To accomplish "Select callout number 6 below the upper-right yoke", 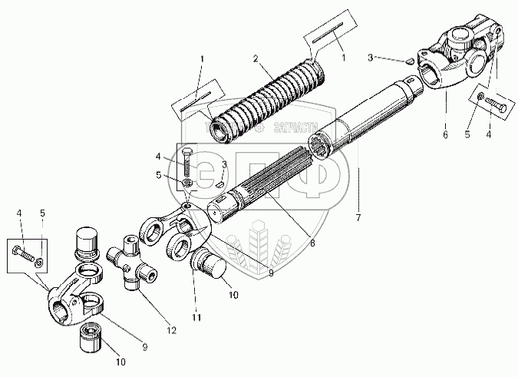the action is pos(444,133).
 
